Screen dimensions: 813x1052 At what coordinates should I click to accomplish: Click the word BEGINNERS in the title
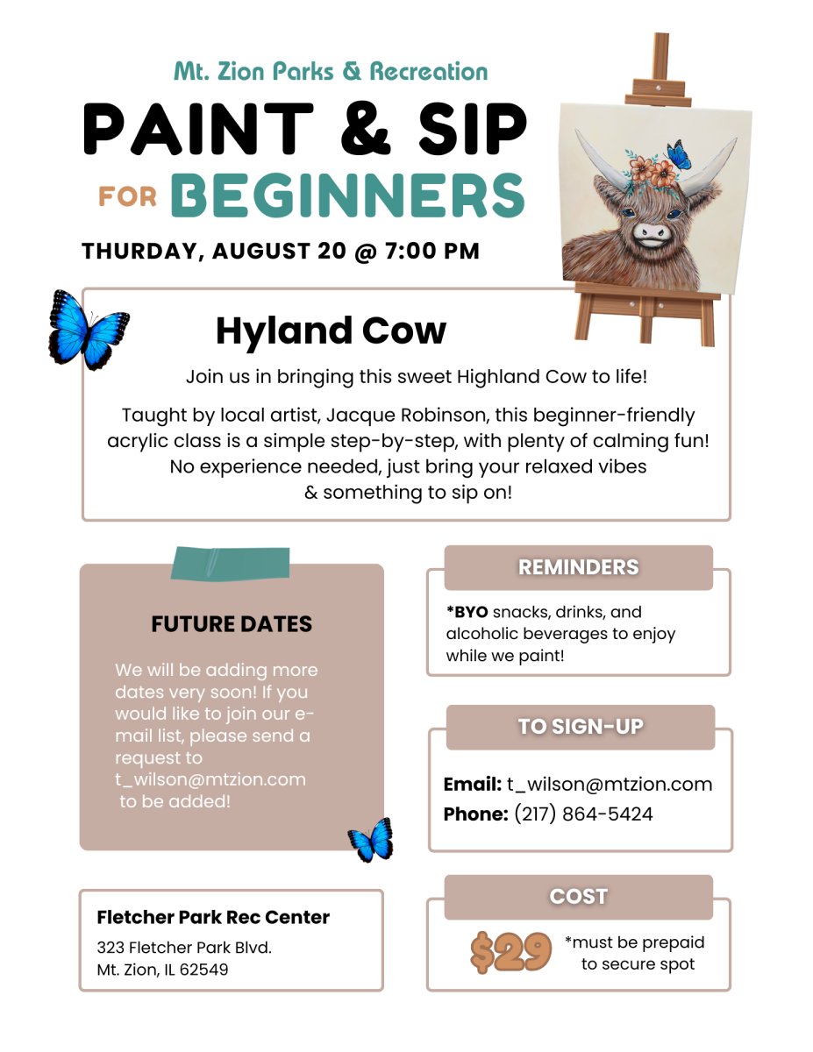(347, 195)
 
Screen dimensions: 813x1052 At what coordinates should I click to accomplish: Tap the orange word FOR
(128, 197)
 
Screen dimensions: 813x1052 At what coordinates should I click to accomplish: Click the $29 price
(510, 952)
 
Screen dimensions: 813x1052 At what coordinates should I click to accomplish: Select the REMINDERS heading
(578, 567)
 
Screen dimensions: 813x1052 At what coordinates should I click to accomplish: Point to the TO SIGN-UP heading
(580, 727)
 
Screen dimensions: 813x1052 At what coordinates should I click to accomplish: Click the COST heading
(578, 896)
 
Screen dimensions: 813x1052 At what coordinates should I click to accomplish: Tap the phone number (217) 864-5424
(583, 814)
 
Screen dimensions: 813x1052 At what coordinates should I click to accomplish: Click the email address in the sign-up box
(610, 785)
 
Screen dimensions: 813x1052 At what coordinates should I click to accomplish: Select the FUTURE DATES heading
(232, 624)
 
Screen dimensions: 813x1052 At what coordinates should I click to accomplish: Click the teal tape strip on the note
(231, 563)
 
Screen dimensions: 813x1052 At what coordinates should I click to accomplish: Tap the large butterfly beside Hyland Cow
(89, 330)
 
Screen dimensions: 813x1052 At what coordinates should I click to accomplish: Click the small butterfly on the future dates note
(370, 841)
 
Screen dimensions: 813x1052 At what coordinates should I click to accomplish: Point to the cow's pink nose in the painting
(652, 231)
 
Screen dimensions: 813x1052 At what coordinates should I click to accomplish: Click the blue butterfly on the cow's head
(679, 154)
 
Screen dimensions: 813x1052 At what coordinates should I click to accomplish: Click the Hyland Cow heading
(331, 331)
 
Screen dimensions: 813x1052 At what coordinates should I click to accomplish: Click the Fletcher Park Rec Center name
(213, 917)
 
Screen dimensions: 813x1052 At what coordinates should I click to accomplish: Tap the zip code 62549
(203, 970)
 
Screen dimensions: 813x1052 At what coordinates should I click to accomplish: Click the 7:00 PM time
(432, 252)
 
